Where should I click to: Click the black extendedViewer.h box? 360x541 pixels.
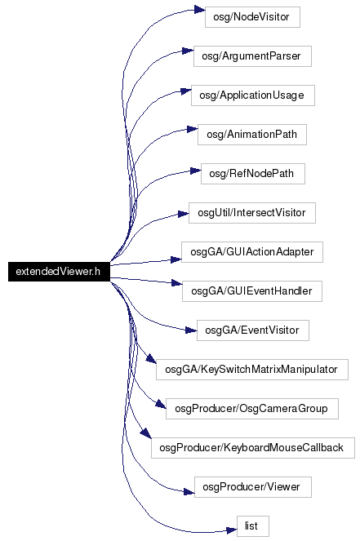tap(59, 272)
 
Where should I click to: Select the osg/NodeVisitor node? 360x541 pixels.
tap(252, 17)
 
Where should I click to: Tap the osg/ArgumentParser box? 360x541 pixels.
tap(252, 56)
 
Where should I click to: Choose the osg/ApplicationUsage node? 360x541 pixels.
tap(253, 95)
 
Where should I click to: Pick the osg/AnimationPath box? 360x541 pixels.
tap(252, 135)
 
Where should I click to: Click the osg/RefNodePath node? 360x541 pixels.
tap(253, 174)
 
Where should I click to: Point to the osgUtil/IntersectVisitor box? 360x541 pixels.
tap(252, 213)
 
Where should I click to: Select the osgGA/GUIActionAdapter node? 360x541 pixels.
tap(252, 252)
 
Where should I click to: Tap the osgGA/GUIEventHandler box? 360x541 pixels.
tap(252, 291)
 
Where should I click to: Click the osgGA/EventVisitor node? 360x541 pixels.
tap(253, 330)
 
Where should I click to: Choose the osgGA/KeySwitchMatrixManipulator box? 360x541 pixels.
tap(252, 370)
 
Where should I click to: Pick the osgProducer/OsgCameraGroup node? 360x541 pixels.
tap(252, 409)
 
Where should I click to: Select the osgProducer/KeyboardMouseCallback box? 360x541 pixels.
tap(253, 448)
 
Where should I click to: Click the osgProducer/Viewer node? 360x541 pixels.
tap(253, 487)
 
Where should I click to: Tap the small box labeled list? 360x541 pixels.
tap(253, 526)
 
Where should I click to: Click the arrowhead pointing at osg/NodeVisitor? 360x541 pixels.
tap(199, 9)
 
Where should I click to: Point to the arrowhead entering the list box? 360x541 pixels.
tap(231, 530)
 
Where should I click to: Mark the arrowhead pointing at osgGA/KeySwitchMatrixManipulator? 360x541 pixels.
tap(151, 358)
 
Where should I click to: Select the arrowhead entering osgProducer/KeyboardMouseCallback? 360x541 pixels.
tap(146, 433)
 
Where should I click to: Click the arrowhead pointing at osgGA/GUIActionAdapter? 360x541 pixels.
tap(176, 259)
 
